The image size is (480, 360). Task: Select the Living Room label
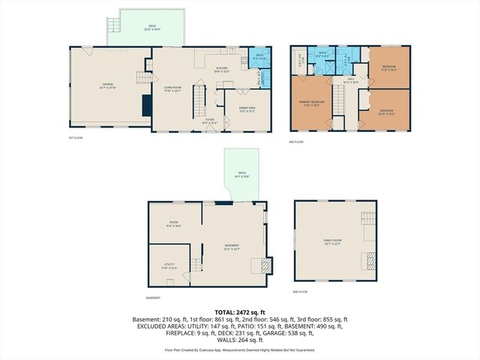pyautogui.click(x=173, y=88)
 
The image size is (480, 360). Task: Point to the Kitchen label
pyautogui.click(x=222, y=69)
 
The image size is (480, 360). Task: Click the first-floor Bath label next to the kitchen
pyautogui.click(x=259, y=55)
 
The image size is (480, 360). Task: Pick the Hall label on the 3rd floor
pyautogui.click(x=350, y=79)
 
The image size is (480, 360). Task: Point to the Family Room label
pyautogui.click(x=332, y=242)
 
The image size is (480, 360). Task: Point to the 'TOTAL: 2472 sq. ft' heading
pyautogui.click(x=240, y=311)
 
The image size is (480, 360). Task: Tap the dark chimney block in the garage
pyautogui.click(x=147, y=105)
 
